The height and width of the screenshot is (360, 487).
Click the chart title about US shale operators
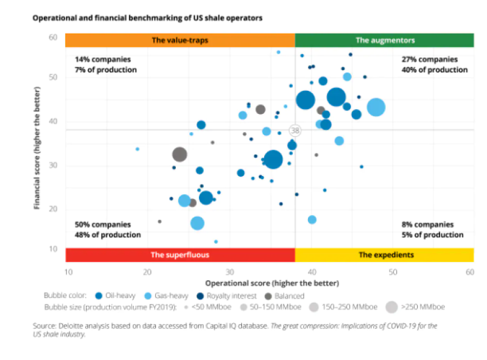[x=148, y=18]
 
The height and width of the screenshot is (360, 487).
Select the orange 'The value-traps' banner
[x=180, y=40]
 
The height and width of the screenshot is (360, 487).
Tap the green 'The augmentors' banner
[x=385, y=40]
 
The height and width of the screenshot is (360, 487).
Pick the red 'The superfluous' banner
[x=180, y=255]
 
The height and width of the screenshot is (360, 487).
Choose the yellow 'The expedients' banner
[x=385, y=255]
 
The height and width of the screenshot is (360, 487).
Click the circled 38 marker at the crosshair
[x=295, y=130]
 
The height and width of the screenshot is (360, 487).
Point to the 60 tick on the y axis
[x=53, y=38]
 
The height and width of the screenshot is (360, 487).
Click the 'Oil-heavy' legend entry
[x=122, y=296]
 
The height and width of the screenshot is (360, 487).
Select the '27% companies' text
[x=430, y=60]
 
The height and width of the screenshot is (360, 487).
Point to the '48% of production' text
[x=108, y=235]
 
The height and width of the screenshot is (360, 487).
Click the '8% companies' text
[x=428, y=225]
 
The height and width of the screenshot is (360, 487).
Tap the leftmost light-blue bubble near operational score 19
[x=138, y=149]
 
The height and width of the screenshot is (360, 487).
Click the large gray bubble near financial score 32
[x=180, y=155]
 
